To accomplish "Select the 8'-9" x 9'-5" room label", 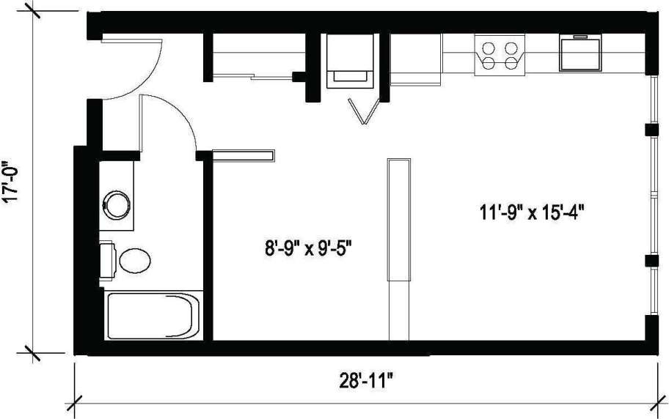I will (x=309, y=249).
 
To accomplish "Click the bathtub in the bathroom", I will (x=152, y=316).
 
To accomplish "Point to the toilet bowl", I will (x=134, y=259).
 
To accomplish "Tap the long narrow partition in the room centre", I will (x=398, y=218).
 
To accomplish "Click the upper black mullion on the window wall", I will (x=648, y=130).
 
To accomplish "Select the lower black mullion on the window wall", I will (x=648, y=261).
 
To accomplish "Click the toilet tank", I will (x=106, y=259).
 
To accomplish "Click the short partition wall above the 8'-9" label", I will (x=243, y=154).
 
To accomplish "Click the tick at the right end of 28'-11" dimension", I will (x=655, y=403).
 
